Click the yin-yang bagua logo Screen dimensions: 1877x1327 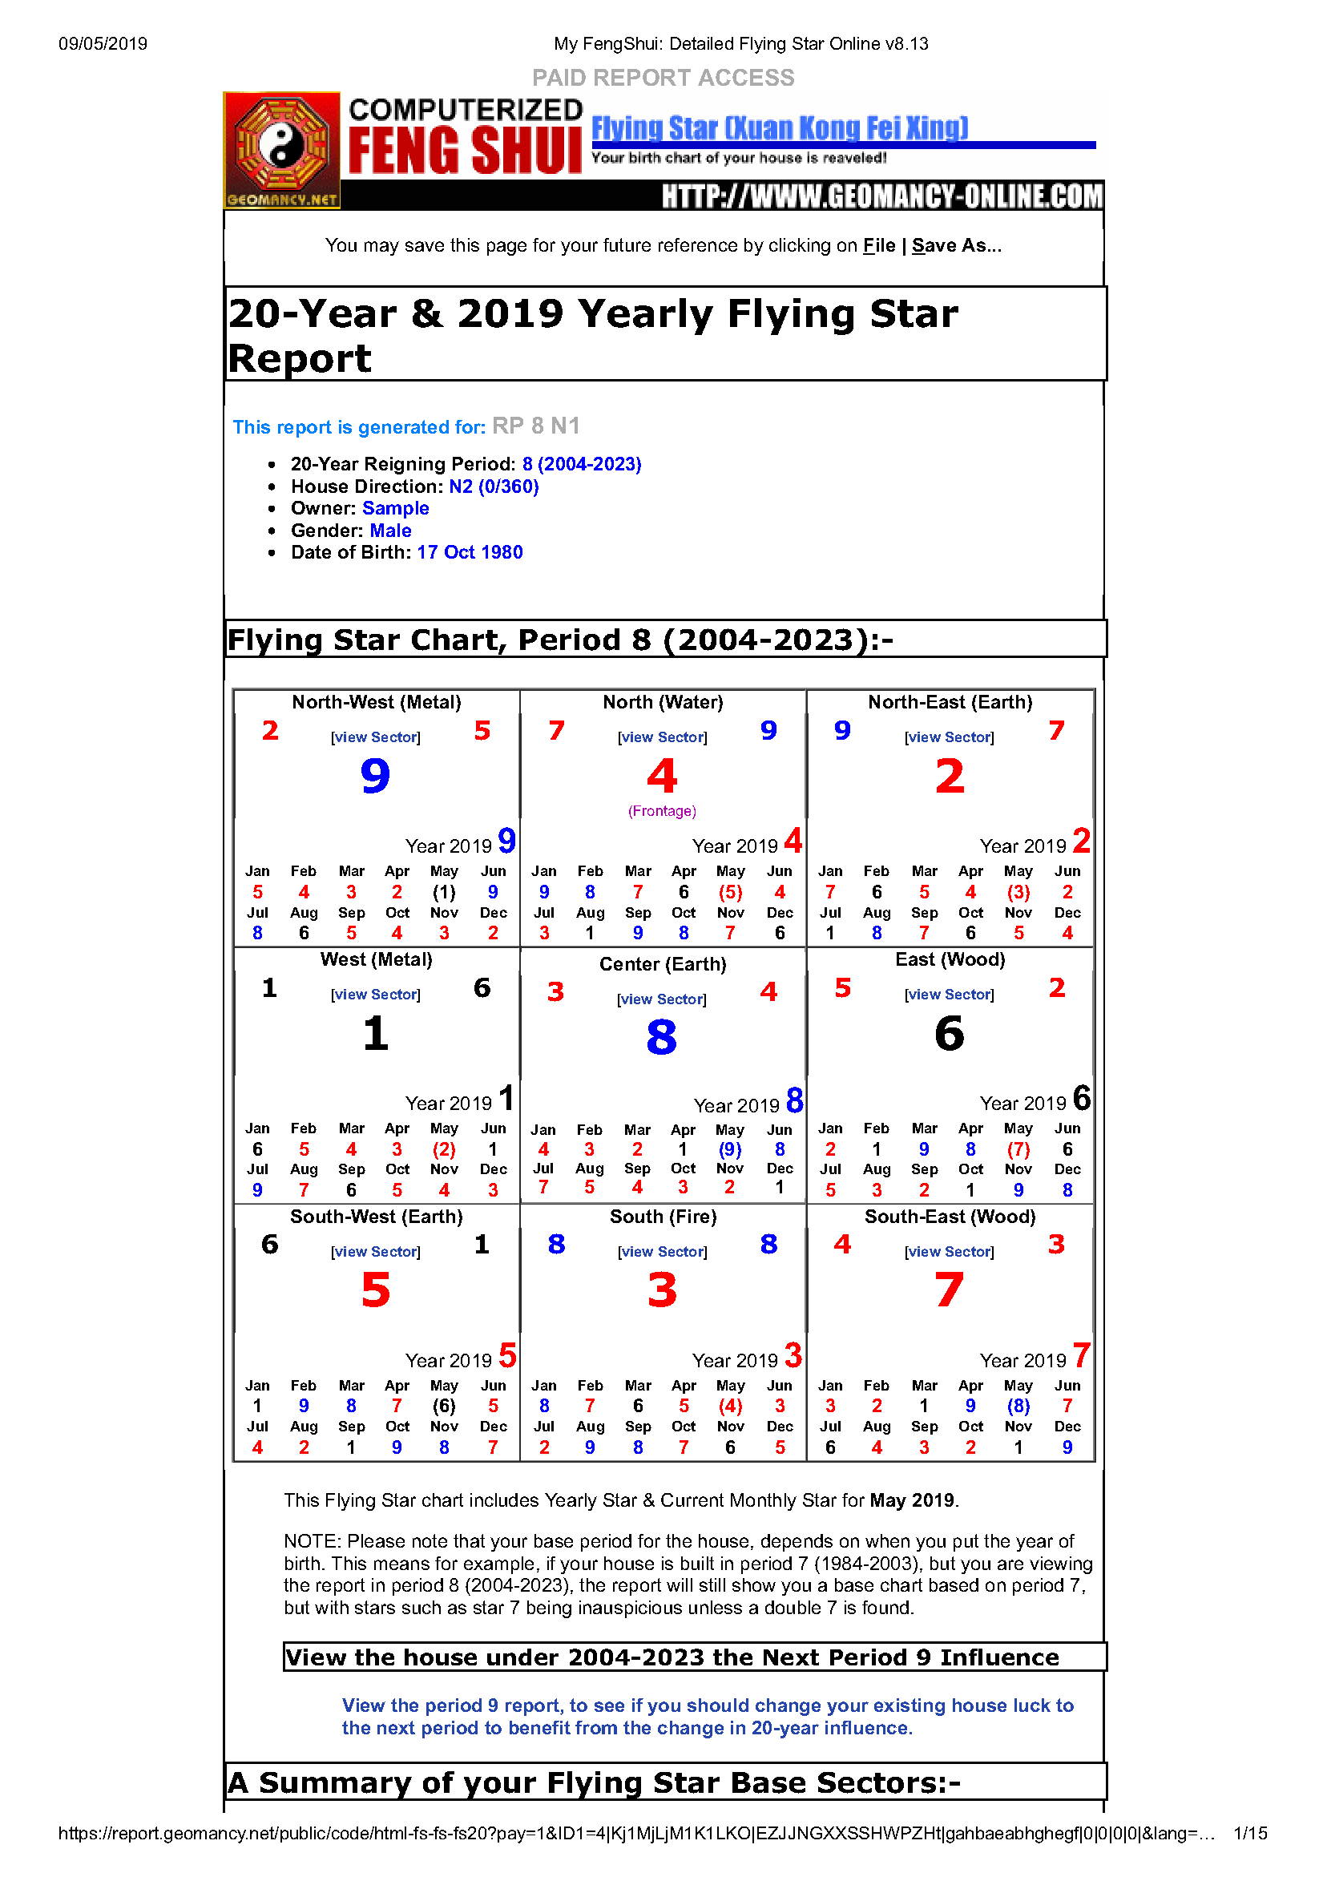[x=281, y=146]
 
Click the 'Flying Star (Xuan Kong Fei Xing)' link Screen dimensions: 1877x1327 [x=779, y=128]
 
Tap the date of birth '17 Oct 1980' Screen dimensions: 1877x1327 [x=470, y=553]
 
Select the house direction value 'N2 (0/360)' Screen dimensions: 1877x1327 [x=494, y=486]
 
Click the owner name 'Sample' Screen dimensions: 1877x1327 [x=395, y=508]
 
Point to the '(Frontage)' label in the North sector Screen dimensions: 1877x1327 [x=662, y=811]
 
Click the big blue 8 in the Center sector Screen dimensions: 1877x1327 [x=661, y=1037]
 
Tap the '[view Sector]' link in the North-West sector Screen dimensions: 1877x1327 [x=375, y=737]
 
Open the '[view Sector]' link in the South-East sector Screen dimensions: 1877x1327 [x=950, y=1252]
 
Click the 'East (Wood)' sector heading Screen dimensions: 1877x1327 [x=950, y=960]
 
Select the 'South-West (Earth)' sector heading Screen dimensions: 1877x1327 [x=376, y=1217]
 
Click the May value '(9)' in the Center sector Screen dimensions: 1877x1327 [x=730, y=1149]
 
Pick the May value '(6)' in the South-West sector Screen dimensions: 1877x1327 [x=444, y=1406]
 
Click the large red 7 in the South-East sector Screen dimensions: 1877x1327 [x=950, y=1290]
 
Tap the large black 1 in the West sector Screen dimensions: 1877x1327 [x=375, y=1033]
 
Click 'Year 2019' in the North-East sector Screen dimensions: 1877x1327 [x=1022, y=846]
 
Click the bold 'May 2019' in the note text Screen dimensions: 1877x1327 [x=912, y=1500]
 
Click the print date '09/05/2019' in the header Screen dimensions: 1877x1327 [x=103, y=44]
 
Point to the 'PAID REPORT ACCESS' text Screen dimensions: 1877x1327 [x=663, y=78]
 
